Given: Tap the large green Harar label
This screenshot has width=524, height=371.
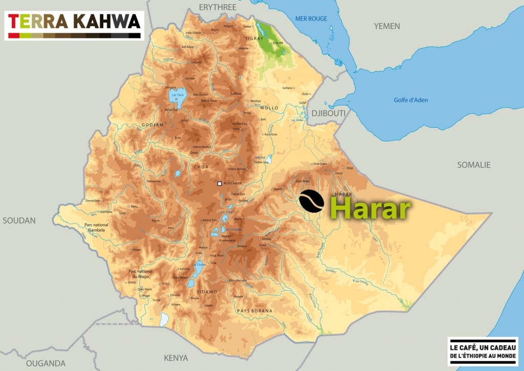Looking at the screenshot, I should click(x=370, y=209).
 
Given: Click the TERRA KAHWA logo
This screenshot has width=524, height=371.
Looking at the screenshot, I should click(x=74, y=25).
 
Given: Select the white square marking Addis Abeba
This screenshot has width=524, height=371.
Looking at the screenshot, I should click(x=220, y=183).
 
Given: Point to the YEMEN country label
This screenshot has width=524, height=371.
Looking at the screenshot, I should click(x=387, y=26).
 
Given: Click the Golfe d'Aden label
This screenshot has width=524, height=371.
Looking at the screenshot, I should click(x=410, y=100).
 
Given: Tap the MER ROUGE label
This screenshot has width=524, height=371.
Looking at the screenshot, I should click(x=311, y=19).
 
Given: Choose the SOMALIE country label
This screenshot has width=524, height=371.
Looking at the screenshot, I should click(x=473, y=165).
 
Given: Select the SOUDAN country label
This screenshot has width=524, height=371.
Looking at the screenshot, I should click(x=19, y=221).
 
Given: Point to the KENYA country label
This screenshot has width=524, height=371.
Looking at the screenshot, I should click(x=176, y=358).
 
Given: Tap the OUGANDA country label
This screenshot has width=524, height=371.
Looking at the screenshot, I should click(x=46, y=363).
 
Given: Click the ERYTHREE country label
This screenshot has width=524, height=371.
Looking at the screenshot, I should click(x=217, y=7).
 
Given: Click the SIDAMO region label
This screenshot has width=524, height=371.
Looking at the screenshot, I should click(x=207, y=292).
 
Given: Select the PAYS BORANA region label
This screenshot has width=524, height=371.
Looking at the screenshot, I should click(x=254, y=311).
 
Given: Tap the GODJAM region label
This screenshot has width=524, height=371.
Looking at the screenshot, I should click(x=139, y=125).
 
